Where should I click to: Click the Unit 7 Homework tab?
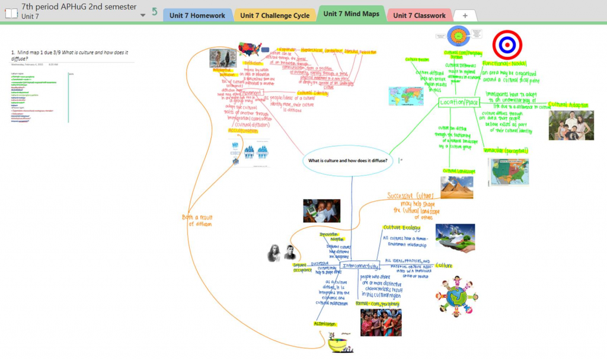(x=197, y=15)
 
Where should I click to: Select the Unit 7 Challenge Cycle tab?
(x=275, y=15)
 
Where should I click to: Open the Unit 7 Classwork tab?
(x=419, y=15)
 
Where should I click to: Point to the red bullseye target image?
(x=507, y=44)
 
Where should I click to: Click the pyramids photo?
(x=456, y=187)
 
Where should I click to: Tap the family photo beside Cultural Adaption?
(x=571, y=125)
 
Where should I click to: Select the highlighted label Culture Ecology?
(x=401, y=227)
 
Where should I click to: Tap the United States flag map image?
(x=250, y=49)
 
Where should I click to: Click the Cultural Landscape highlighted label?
(x=459, y=171)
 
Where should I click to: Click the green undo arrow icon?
(x=155, y=11)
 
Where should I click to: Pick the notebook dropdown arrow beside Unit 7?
(x=143, y=15)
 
